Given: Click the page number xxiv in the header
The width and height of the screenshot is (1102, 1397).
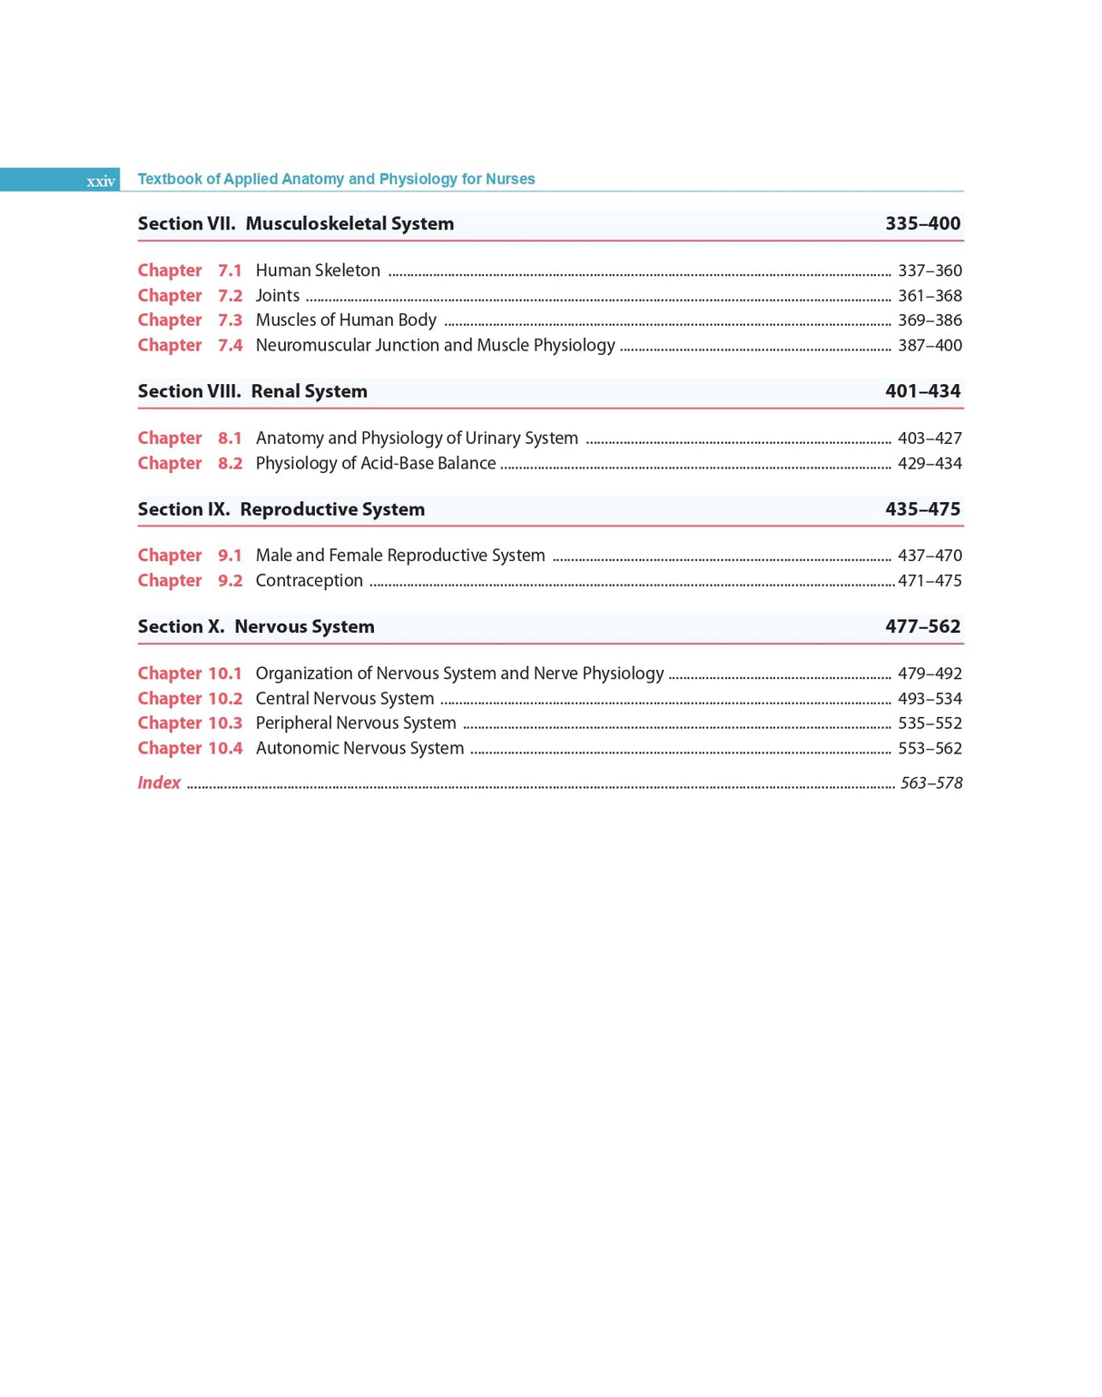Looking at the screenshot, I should pos(101,182).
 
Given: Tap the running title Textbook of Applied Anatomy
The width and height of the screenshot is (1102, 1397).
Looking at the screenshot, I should pos(336,179).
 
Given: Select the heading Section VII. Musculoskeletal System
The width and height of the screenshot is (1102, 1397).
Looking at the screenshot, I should pos(296,223).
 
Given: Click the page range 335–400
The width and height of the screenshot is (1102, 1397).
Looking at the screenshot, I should pos(922,223).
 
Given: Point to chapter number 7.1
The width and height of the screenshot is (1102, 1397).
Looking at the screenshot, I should pos(230,271).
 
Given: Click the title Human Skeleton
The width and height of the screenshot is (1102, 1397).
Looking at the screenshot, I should pos(318,271).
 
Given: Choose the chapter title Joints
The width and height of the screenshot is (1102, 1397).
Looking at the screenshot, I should pos(277,296).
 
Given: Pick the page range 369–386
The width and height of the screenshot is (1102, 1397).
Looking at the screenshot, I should pos(930,320).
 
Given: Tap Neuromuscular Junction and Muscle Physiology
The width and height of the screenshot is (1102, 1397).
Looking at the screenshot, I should pos(435,345).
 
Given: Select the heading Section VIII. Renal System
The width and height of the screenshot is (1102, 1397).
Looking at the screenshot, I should pos(252,391).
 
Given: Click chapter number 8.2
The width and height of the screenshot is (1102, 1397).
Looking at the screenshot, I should pos(230,463).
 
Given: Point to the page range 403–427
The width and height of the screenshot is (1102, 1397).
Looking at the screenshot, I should pos(930,438).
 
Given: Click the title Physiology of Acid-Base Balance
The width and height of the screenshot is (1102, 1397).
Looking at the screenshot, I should pos(375,463).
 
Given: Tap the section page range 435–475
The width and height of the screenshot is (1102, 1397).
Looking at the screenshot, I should pos(922,509).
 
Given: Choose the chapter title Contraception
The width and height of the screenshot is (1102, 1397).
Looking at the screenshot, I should pos(309,581).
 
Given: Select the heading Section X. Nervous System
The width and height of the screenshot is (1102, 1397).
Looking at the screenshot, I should pos(256,626).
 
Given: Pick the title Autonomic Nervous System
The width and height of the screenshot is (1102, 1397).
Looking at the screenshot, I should pos(359,748).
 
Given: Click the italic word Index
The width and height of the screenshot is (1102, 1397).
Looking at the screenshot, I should pos(159,782).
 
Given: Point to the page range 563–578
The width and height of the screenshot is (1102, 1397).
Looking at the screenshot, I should pos(930,783).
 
